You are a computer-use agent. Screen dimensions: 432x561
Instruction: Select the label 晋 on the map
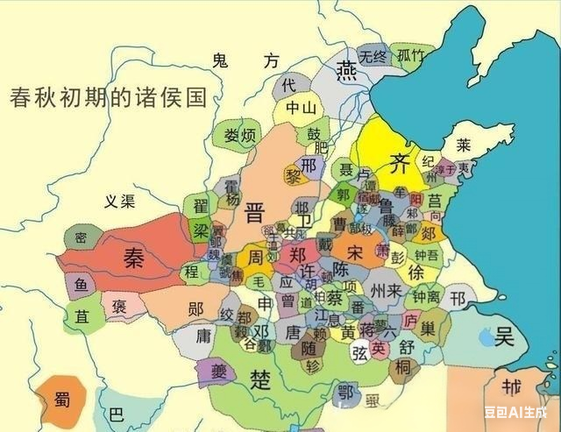[255, 212]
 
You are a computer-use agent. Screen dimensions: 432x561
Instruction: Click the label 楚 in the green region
[261, 379]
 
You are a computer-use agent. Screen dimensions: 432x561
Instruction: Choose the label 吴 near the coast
[504, 336]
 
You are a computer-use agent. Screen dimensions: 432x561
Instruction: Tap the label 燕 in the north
[349, 68]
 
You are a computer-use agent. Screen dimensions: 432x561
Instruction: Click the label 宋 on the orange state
[355, 251]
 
